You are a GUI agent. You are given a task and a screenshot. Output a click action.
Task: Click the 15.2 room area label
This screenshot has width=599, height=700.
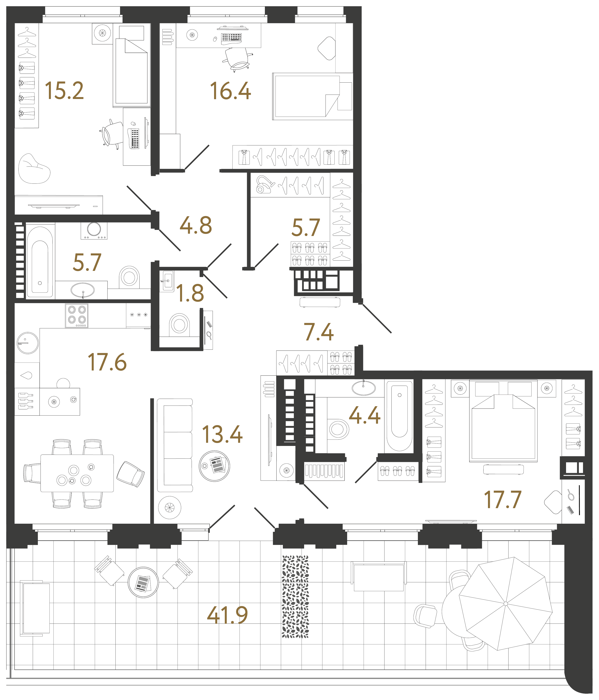click(64, 91)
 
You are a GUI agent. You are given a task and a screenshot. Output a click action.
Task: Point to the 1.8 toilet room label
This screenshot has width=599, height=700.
click(190, 293)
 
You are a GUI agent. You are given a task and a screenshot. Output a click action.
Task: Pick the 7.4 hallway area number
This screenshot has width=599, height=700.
click(319, 332)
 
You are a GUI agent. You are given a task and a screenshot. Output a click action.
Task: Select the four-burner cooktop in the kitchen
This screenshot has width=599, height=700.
click(77, 316)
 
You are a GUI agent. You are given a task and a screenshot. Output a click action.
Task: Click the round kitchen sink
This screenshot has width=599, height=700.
click(28, 343)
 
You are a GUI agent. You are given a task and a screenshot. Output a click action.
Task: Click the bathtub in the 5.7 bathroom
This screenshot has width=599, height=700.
click(40, 262)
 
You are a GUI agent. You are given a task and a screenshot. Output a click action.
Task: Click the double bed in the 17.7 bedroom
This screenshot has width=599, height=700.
click(503, 421)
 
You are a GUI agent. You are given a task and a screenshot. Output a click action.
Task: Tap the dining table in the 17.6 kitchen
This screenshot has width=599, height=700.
click(77, 473)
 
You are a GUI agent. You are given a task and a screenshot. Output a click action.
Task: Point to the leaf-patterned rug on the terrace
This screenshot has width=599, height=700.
click(295, 597)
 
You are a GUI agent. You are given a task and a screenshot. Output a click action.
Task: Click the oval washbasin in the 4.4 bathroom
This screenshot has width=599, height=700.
click(364, 388)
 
